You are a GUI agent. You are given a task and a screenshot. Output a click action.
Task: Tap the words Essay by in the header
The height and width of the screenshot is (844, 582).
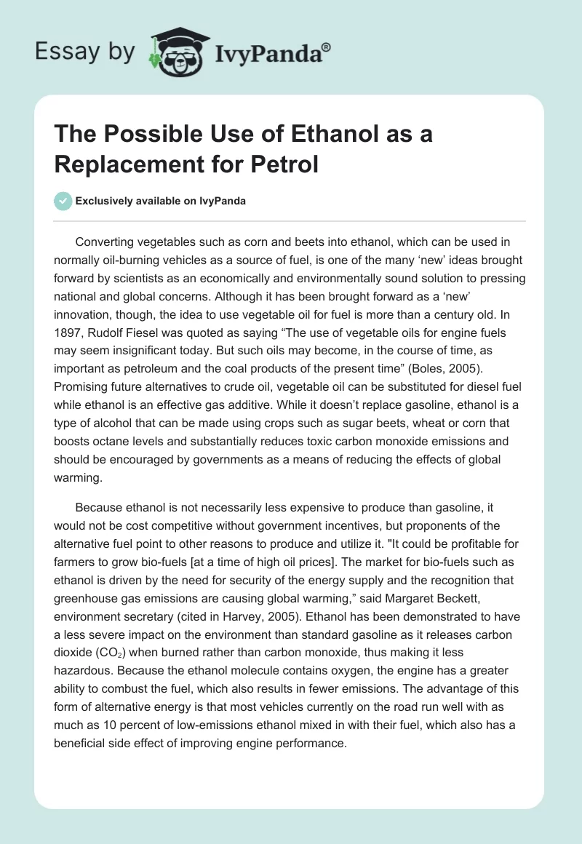click(86, 52)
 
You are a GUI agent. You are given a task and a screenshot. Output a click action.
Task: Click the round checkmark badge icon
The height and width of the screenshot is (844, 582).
click(63, 201)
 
